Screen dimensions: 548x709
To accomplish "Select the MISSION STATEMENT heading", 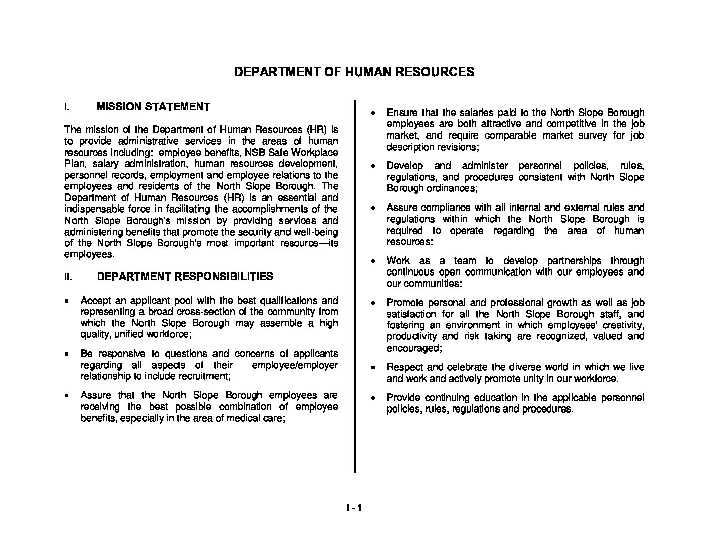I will click(x=153, y=107).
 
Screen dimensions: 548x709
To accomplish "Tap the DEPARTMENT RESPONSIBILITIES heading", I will click(x=185, y=277).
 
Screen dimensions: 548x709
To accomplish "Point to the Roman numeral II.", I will click(x=68, y=277).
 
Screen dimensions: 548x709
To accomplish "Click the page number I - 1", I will click(x=354, y=508).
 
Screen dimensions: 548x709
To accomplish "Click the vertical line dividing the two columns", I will click(x=354, y=287).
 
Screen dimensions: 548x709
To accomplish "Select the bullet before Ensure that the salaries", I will click(x=373, y=113).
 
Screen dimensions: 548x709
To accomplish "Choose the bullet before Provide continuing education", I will click(x=373, y=398).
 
